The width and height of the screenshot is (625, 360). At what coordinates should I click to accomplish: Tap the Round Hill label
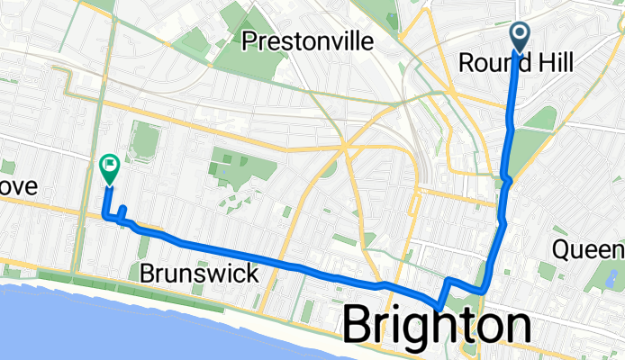click(516, 63)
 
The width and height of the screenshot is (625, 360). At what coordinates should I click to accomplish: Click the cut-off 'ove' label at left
click(18, 187)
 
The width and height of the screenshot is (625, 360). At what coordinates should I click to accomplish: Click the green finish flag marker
click(109, 166)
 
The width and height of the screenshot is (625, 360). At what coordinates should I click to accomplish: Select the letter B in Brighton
click(360, 325)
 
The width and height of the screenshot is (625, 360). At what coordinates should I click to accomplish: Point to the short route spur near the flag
click(122, 212)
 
